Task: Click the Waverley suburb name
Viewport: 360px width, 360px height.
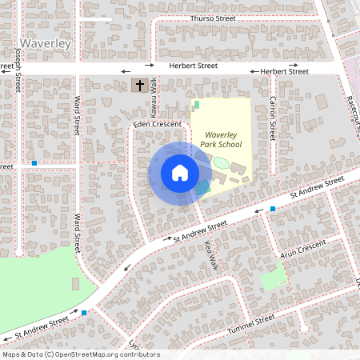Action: (48, 42)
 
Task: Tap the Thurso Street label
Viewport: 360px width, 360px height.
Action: (214, 18)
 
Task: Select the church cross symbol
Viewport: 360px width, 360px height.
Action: (139, 85)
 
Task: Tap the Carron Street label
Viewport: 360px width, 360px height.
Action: (272, 114)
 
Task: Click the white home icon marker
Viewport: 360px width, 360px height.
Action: (179, 172)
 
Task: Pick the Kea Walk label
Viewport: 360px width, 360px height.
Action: (210, 254)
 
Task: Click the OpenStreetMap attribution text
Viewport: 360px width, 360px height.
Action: (82, 354)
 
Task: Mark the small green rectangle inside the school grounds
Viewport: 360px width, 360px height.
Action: (196, 105)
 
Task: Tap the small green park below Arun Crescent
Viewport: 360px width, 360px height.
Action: (273, 279)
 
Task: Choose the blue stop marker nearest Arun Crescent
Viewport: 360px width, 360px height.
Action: (273, 209)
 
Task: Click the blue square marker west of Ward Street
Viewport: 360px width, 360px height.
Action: (34, 163)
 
